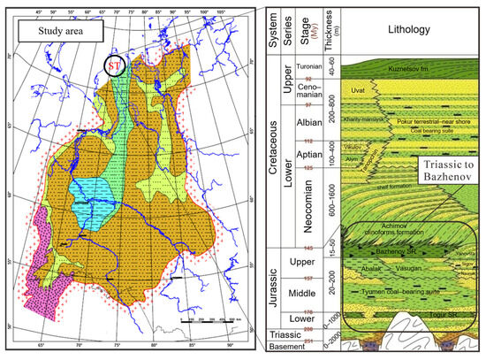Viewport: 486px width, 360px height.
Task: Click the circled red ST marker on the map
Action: (x=114, y=66)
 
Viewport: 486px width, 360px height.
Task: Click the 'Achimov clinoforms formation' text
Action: (x=389, y=235)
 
